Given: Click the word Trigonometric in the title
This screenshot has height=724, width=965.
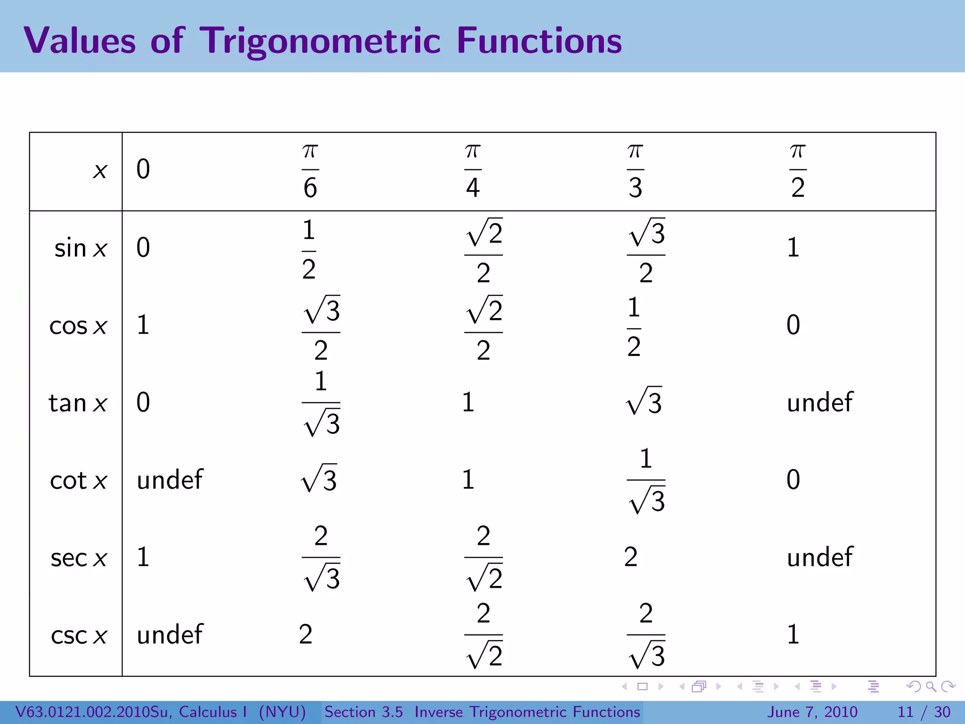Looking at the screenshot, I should pyautogui.click(x=320, y=41).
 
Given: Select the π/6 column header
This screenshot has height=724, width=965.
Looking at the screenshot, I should pyautogui.click(x=310, y=171).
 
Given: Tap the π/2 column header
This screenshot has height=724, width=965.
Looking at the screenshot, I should pyautogui.click(x=797, y=171).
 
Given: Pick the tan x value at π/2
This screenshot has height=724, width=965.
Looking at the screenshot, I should pyautogui.click(x=819, y=403).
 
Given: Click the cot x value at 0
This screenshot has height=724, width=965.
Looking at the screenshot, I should pyautogui.click(x=170, y=480).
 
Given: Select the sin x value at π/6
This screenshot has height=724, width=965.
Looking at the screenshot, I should pyautogui.click(x=309, y=250).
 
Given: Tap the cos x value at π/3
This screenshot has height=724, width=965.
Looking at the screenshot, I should pyautogui.click(x=634, y=327).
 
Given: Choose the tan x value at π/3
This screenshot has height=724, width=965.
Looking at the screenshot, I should pyautogui.click(x=644, y=402).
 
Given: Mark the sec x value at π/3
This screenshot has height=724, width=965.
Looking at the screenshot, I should pyautogui.click(x=630, y=557).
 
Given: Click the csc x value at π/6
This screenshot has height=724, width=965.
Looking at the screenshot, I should pyautogui.click(x=305, y=634).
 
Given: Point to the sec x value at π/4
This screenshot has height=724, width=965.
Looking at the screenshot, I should pyautogui.click(x=483, y=558).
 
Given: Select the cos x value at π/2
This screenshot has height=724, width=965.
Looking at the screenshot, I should pyautogui.click(x=793, y=325).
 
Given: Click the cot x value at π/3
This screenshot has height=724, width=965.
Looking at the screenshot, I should pyautogui.click(x=646, y=481).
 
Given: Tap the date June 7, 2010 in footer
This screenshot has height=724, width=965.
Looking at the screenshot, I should pyautogui.click(x=813, y=712).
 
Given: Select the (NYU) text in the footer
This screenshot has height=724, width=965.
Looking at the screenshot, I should pyautogui.click(x=282, y=712).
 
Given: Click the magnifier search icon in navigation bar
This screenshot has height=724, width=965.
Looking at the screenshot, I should pyautogui.click(x=931, y=687).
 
